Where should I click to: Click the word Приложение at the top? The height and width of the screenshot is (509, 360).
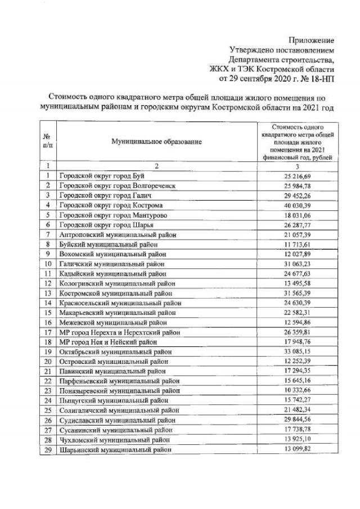[311, 40]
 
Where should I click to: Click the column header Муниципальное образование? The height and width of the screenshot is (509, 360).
[156, 141]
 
